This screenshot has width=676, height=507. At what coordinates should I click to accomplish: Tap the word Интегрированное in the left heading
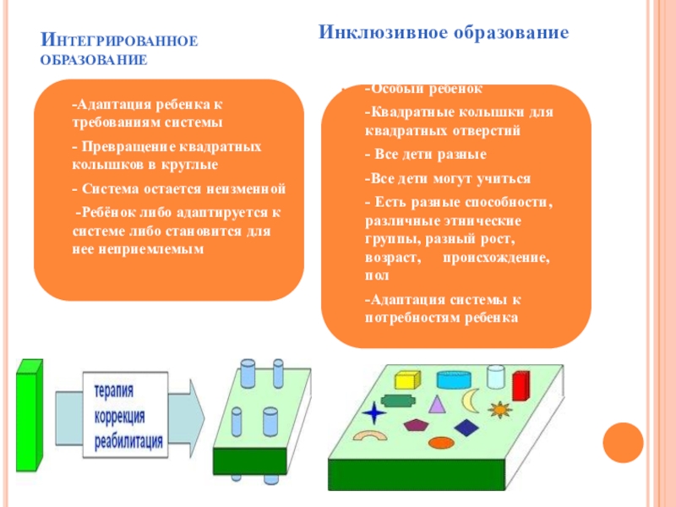click(x=119, y=41)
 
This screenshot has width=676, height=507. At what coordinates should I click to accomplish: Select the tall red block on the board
click(x=521, y=384)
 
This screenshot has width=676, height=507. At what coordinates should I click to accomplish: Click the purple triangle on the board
click(x=437, y=404)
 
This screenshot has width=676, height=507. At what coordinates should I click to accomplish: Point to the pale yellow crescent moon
click(x=470, y=398)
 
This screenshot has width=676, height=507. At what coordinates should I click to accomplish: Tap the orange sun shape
click(x=499, y=410)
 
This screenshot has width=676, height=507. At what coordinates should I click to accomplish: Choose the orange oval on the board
click(x=441, y=442)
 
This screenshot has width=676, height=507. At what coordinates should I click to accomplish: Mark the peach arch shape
click(x=369, y=437)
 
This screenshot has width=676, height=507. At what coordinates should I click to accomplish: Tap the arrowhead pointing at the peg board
click(x=194, y=414)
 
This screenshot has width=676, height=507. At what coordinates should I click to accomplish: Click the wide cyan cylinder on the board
click(x=448, y=381)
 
